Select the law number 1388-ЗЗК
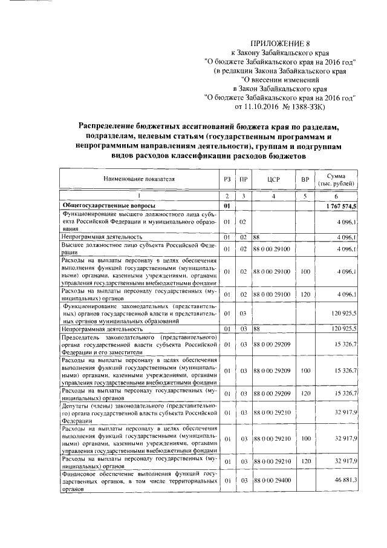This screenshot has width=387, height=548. [x=306, y=107]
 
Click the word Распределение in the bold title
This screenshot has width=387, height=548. [x=112, y=126]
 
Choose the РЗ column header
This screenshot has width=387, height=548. [x=226, y=179]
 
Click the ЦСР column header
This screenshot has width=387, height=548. [x=273, y=179]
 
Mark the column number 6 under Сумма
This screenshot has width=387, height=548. [x=338, y=197]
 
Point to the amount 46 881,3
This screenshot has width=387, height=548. [x=345, y=480]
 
